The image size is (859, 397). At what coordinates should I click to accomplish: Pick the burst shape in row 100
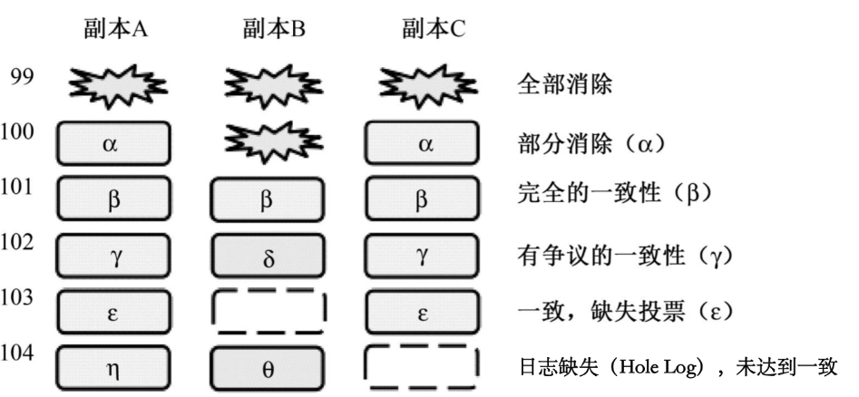coord(268,140)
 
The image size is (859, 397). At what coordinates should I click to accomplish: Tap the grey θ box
coord(268,366)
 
